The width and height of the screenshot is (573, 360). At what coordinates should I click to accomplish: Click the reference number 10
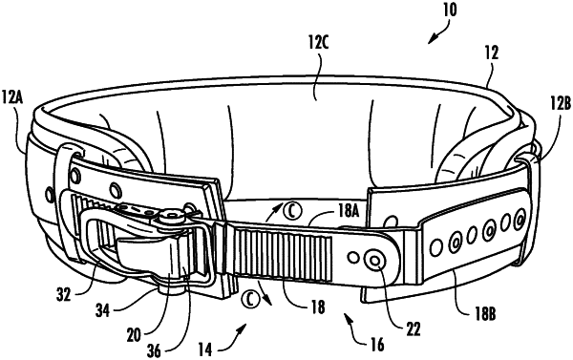(450, 10)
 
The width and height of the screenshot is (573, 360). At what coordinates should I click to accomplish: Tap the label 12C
(318, 44)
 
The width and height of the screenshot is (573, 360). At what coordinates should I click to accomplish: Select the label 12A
(12, 98)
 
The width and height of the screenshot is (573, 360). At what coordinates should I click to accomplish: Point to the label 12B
(560, 104)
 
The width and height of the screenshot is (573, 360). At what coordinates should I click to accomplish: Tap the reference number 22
(413, 328)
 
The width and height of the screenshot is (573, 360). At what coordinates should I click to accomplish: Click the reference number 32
(64, 294)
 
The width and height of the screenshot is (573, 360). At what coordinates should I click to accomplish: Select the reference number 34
(103, 310)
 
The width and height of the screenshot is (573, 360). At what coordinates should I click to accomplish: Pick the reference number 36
(153, 350)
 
